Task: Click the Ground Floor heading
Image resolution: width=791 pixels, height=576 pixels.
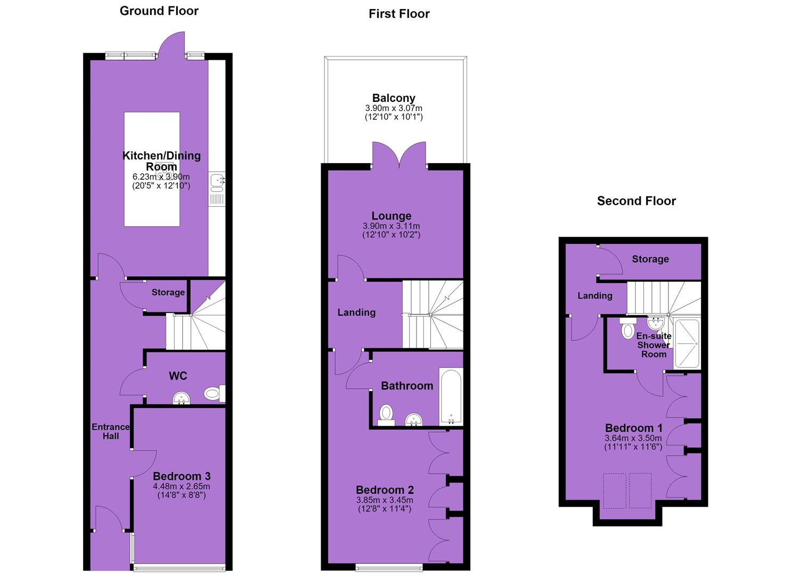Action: tap(159, 11)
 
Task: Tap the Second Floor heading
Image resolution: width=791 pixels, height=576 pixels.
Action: tap(637, 201)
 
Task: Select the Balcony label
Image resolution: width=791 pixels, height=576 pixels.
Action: tap(394, 98)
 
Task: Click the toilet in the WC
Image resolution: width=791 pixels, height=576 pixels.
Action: tap(214, 393)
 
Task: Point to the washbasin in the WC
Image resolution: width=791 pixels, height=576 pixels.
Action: tap(182, 398)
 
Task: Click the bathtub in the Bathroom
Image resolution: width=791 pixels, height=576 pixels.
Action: tap(451, 396)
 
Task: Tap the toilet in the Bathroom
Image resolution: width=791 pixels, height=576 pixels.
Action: tap(386, 415)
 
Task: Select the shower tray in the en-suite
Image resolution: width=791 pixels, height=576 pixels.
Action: tap(687, 343)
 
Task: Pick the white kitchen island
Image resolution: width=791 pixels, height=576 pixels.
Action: tap(152, 169)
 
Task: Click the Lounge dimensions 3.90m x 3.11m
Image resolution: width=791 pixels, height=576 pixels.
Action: tap(392, 226)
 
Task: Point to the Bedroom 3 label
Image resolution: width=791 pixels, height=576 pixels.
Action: tap(182, 476)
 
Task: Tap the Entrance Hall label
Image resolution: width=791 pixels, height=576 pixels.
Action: tap(111, 431)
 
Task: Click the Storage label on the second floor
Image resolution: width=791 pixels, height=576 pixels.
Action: tap(650, 259)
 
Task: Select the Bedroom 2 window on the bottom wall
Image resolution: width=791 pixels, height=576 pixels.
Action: tap(389, 569)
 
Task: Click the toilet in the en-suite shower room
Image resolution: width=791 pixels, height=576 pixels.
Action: tap(627, 329)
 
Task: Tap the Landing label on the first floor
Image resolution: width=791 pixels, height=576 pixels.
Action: tap(356, 313)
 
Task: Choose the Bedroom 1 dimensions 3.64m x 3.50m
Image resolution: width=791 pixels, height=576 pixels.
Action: tap(633, 438)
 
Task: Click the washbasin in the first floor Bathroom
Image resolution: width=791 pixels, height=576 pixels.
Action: tap(414, 420)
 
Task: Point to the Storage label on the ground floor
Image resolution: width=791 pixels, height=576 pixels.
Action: tap(168, 292)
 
